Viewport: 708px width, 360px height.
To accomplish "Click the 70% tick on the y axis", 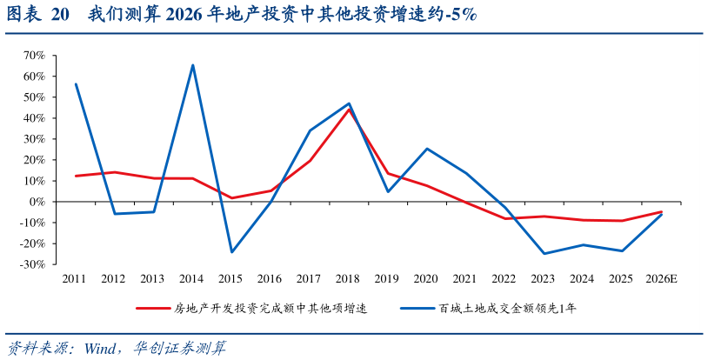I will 33,56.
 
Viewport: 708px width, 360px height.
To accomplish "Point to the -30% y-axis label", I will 31,264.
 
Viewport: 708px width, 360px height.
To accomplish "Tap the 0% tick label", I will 37,202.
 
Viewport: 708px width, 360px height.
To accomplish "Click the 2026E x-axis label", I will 660,279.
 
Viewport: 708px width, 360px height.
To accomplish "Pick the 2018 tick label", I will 348,279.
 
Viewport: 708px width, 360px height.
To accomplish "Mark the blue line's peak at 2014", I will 192,65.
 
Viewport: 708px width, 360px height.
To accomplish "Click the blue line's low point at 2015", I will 231,252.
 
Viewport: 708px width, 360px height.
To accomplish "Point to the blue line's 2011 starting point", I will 76,84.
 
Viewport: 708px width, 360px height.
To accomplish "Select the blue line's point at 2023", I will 544,254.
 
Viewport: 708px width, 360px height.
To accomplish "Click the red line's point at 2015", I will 231,198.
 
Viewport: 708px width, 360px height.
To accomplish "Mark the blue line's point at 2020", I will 426,149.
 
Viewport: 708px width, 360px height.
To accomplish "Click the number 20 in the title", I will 60,16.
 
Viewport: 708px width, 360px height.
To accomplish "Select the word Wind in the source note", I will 102,348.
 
